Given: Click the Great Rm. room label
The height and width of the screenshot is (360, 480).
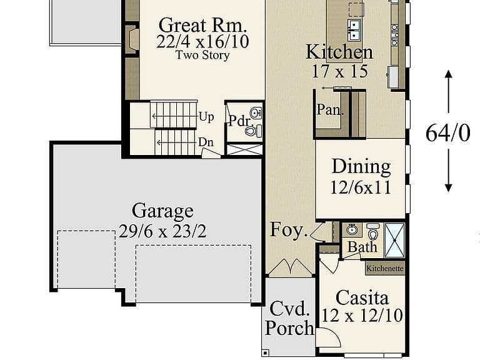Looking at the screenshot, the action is tap(202, 25).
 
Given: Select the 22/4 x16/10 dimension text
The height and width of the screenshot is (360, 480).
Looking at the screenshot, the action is tap(202, 42).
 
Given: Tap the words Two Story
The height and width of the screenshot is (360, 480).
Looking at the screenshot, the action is tap(202, 56).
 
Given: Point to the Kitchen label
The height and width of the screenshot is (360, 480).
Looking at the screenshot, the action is tap(339, 52).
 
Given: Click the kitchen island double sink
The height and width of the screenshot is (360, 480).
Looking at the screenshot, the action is tap(354, 30).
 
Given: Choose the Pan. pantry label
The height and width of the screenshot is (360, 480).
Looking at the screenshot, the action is tap(330, 109).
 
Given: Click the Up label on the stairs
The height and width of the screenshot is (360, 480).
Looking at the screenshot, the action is tap(206, 117).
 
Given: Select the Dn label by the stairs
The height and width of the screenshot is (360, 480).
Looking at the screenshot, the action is tap(206, 142).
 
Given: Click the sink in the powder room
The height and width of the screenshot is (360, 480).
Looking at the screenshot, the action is tap(256, 112).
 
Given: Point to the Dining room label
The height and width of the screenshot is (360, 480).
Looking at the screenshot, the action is tap(361, 166).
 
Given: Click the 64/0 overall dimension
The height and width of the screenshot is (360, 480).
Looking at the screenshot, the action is tap(447, 133).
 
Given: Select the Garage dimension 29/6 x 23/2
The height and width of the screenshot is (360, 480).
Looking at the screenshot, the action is tap(162, 231).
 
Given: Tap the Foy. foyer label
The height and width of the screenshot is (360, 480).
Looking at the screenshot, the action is tap(289, 229).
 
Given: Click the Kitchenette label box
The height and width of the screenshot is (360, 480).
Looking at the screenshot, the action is tap(385, 268).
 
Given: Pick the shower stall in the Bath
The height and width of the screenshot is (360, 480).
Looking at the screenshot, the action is tap(394, 241).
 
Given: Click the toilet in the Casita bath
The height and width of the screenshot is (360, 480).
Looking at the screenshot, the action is tap(373, 231).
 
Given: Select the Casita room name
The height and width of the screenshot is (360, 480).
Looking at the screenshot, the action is tap(362, 298).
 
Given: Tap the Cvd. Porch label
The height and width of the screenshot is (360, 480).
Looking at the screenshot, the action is tap(289, 318).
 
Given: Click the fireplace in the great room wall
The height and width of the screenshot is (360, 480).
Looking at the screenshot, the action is tap(132, 39).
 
